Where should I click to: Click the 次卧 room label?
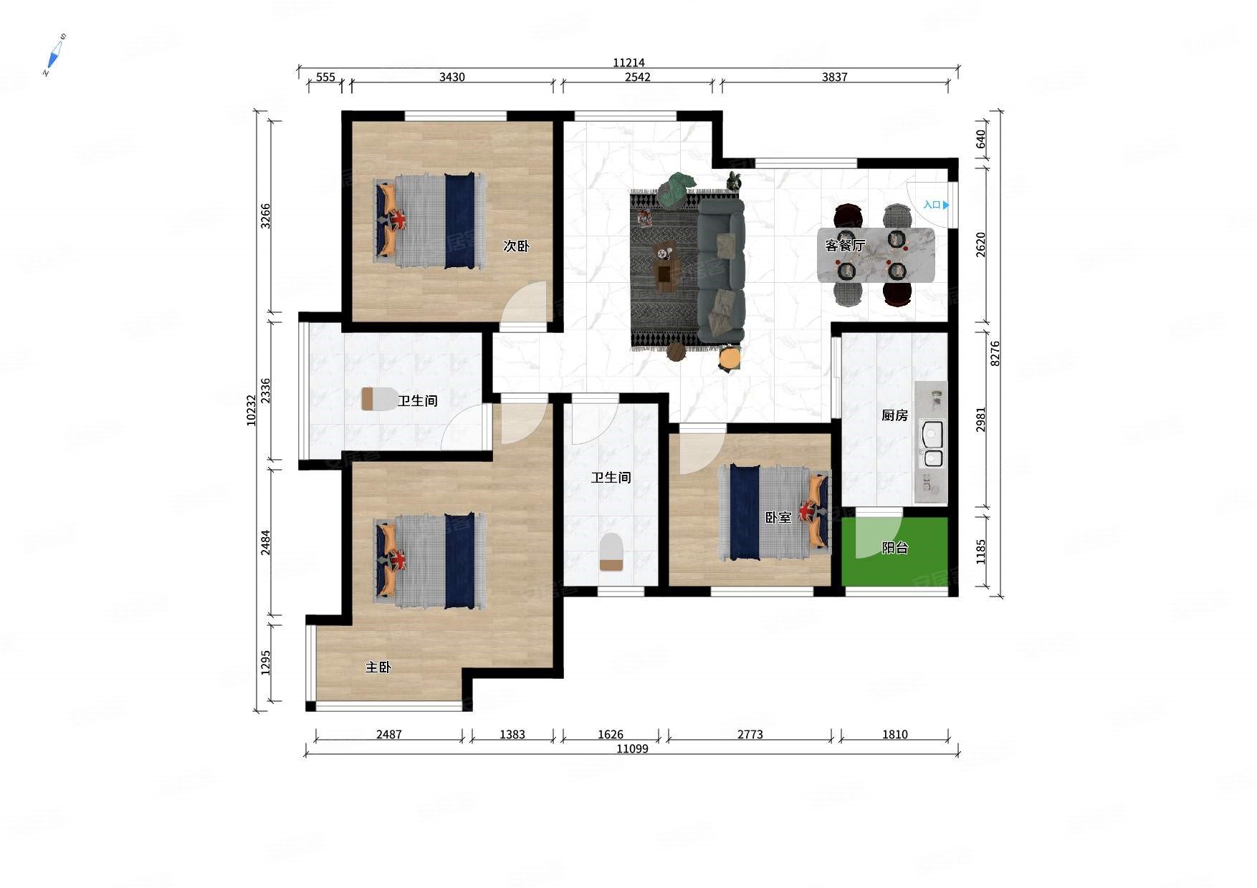click(516, 246)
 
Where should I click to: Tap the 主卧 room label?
click(378, 667)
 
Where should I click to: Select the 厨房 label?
click(894, 415)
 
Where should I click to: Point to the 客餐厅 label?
click(845, 246)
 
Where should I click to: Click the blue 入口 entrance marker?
click(936, 205)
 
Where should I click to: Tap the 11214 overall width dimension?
click(628, 62)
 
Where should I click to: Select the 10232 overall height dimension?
click(251, 410)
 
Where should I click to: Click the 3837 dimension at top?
click(834, 77)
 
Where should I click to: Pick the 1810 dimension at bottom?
click(894, 734)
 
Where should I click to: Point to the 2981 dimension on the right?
click(980, 420)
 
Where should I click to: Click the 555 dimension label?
click(325, 77)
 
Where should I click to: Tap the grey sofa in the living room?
click(721, 270)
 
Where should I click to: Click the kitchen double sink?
click(932, 445)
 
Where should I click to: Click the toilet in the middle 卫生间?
click(611, 551)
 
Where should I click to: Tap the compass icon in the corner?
click(54, 54)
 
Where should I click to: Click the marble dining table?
click(876, 255)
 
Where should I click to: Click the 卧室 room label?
click(778, 517)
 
